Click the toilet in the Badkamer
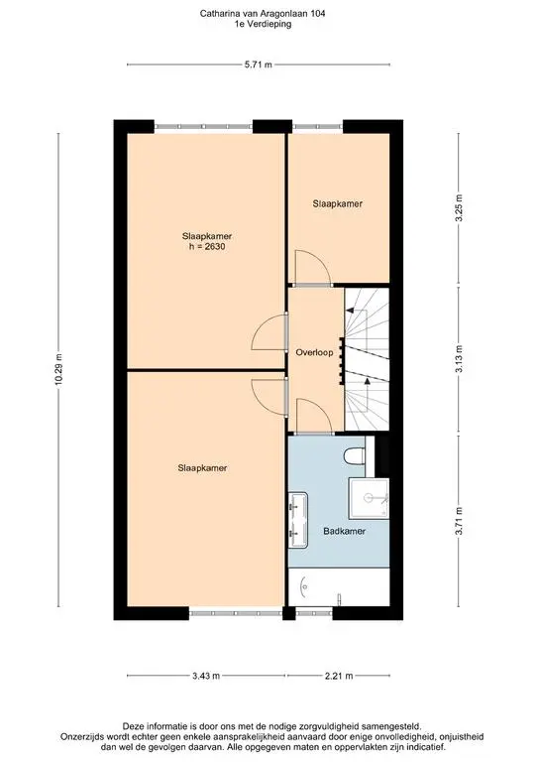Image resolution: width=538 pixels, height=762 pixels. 354,456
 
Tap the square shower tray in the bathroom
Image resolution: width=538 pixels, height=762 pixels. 370,498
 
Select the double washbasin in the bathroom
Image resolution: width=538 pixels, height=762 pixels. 298,520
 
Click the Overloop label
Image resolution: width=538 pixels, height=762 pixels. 314,352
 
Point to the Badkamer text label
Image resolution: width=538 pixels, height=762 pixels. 344,531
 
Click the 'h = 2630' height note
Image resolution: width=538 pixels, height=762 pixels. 207,246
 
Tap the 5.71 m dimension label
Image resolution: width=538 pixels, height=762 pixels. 258,64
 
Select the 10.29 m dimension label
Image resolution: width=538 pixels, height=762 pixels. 58,370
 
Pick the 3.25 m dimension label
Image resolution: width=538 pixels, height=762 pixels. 459,207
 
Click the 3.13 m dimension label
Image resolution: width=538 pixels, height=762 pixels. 459,359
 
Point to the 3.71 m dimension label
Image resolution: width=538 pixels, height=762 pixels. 459,521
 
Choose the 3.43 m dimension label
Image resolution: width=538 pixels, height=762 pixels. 206,676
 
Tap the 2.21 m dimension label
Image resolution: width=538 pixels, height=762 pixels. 339,676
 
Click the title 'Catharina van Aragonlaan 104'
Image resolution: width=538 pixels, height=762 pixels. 263,14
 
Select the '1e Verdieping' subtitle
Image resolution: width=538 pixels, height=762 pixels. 263,24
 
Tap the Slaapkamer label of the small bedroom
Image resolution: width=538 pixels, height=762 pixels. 338,203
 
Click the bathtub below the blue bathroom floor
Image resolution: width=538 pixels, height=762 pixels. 339,586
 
